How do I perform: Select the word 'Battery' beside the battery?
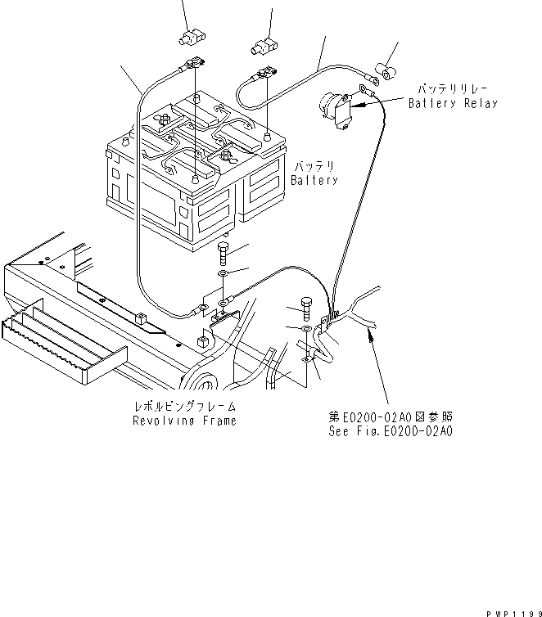point(314,180)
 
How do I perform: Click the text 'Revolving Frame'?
point(184,421)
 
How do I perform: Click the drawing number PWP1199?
point(511,610)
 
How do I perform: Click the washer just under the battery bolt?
point(224,273)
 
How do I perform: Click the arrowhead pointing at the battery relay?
point(367,104)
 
